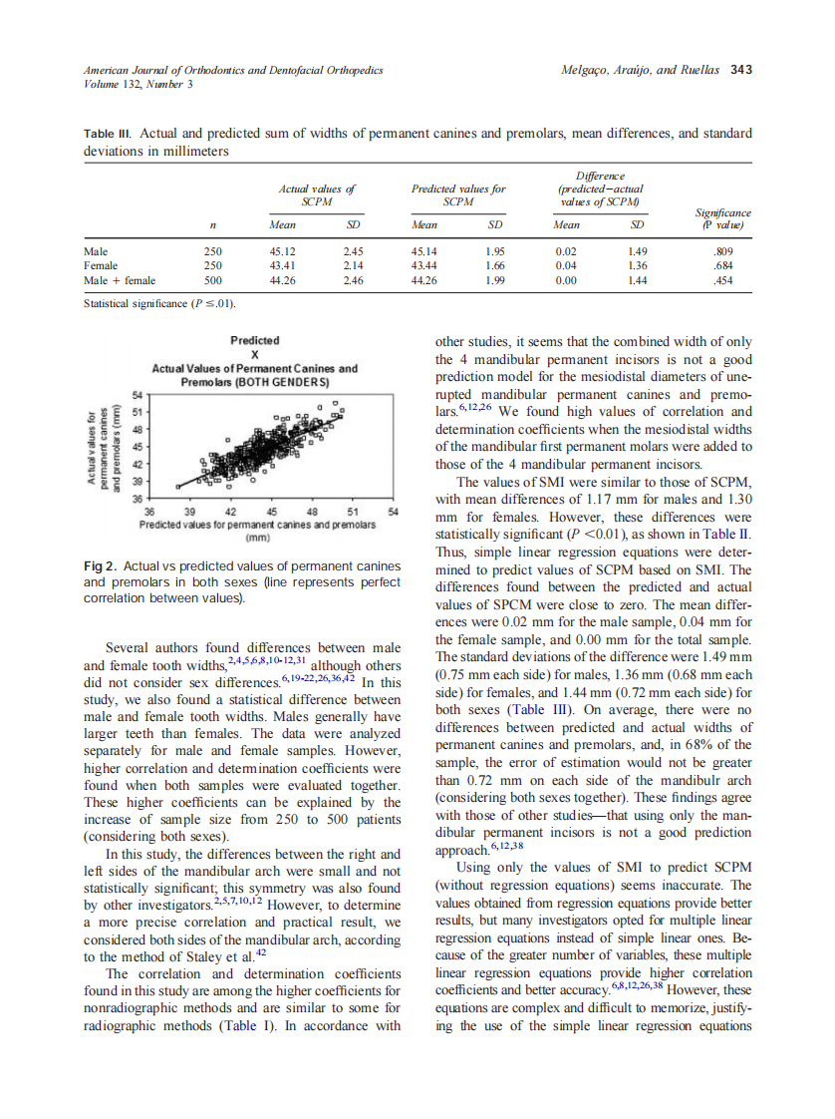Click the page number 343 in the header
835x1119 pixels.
(x=740, y=71)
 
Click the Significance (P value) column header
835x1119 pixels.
(x=723, y=218)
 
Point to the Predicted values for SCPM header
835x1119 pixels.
(x=458, y=194)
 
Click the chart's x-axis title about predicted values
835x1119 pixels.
(x=257, y=523)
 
